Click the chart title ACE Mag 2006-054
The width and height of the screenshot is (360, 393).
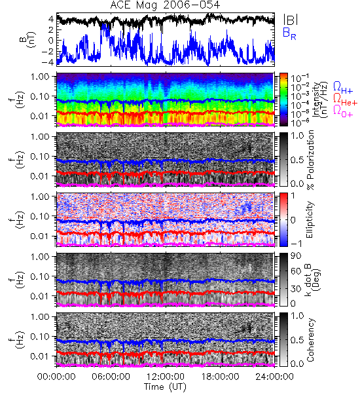pos(165,5)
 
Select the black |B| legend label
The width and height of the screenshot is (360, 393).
pos(291,19)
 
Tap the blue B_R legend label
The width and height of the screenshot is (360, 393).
pos(289,34)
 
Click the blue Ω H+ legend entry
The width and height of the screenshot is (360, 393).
pos(343,88)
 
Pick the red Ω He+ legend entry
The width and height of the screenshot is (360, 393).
pos(345,100)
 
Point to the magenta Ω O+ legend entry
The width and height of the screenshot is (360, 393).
pos(343,112)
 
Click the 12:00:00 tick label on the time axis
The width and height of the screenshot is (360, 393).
pos(166,377)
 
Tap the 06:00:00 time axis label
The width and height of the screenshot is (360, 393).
pos(111,377)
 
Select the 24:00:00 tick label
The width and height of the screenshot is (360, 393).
pos(274,377)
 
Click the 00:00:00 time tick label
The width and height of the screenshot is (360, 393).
pos(56,377)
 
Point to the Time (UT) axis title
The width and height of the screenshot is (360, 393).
pos(165,386)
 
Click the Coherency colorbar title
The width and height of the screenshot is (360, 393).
pos(310,340)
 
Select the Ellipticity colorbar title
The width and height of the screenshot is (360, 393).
pos(310,219)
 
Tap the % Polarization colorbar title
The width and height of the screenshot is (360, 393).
pos(310,160)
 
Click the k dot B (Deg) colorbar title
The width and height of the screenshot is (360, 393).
pos(313,280)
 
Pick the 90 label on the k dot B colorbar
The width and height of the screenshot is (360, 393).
pos(296,256)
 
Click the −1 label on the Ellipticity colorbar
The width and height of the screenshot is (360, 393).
pos(296,244)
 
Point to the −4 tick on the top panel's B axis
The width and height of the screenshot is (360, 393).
pos(48,62)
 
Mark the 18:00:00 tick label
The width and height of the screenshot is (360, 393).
pos(220,377)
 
